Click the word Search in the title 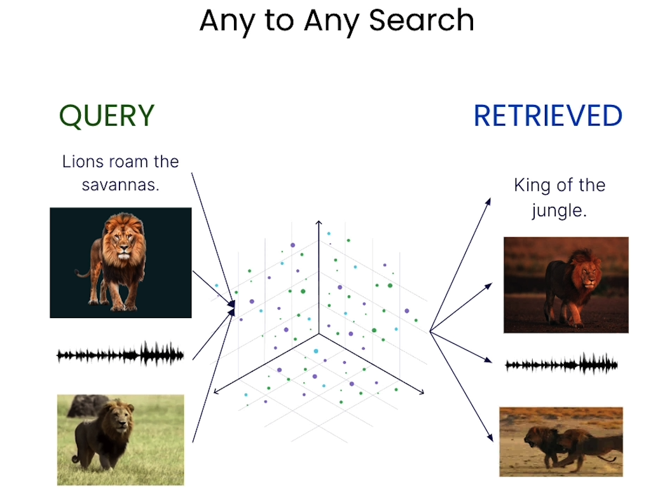pyautogui.click(x=421, y=20)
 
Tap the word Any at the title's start pyautogui.click(x=227, y=20)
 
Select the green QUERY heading pyautogui.click(x=107, y=116)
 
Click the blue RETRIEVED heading pyautogui.click(x=547, y=116)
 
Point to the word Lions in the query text pyautogui.click(x=82, y=162)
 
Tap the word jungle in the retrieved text pyautogui.click(x=558, y=210)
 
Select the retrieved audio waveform pyautogui.click(x=561, y=365)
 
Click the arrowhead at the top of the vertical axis pyautogui.click(x=319, y=223)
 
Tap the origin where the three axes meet pyautogui.click(x=319, y=332)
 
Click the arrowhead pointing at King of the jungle pyautogui.click(x=488, y=201)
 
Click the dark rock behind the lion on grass pyautogui.click(x=88, y=405)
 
